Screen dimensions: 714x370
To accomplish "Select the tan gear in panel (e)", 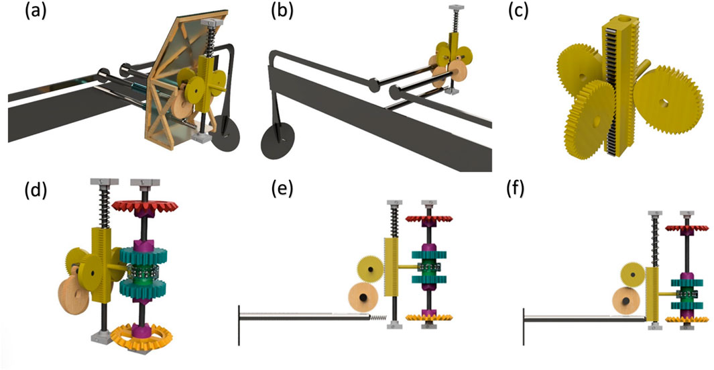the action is click(x=363, y=297).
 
